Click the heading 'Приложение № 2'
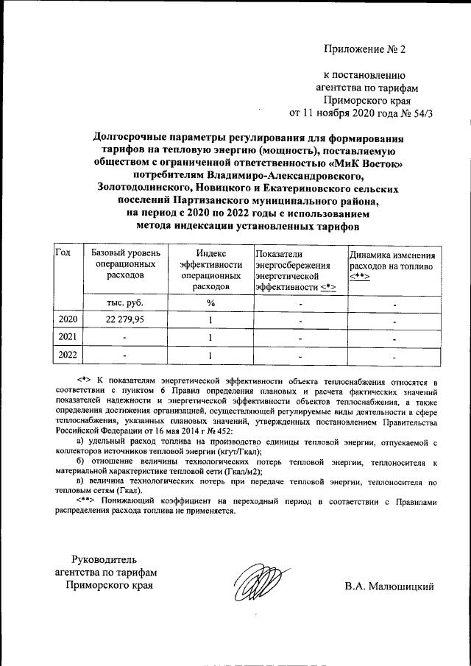(x=365, y=49)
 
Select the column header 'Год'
(x=63, y=252)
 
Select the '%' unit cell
(x=210, y=302)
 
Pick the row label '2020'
(x=67, y=319)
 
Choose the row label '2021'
(x=67, y=337)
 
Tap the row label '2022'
(x=67, y=355)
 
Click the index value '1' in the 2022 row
(x=210, y=355)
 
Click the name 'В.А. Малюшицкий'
(x=389, y=587)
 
